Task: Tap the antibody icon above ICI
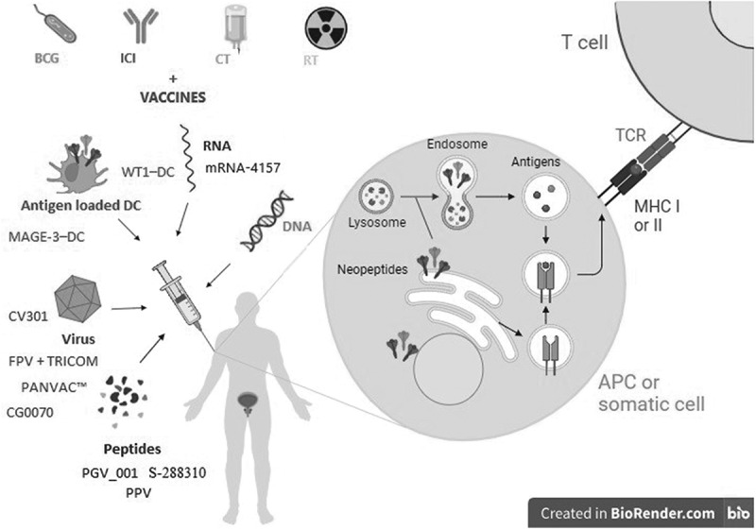tap(140, 26)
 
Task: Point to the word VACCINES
tap(173, 97)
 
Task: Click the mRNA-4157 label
tap(243, 168)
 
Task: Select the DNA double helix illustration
tap(266, 221)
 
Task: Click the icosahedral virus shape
tap(77, 299)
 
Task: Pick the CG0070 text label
tap(30, 413)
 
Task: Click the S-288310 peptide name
tap(178, 472)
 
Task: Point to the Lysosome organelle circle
tap(375, 197)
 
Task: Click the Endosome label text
tap(457, 144)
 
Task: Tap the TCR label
tap(630, 135)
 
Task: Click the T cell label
tap(585, 43)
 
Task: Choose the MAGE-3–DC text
tap(46, 236)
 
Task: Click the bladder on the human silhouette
tap(249, 402)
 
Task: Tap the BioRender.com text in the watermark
tap(662, 514)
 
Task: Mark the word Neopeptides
tap(372, 269)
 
